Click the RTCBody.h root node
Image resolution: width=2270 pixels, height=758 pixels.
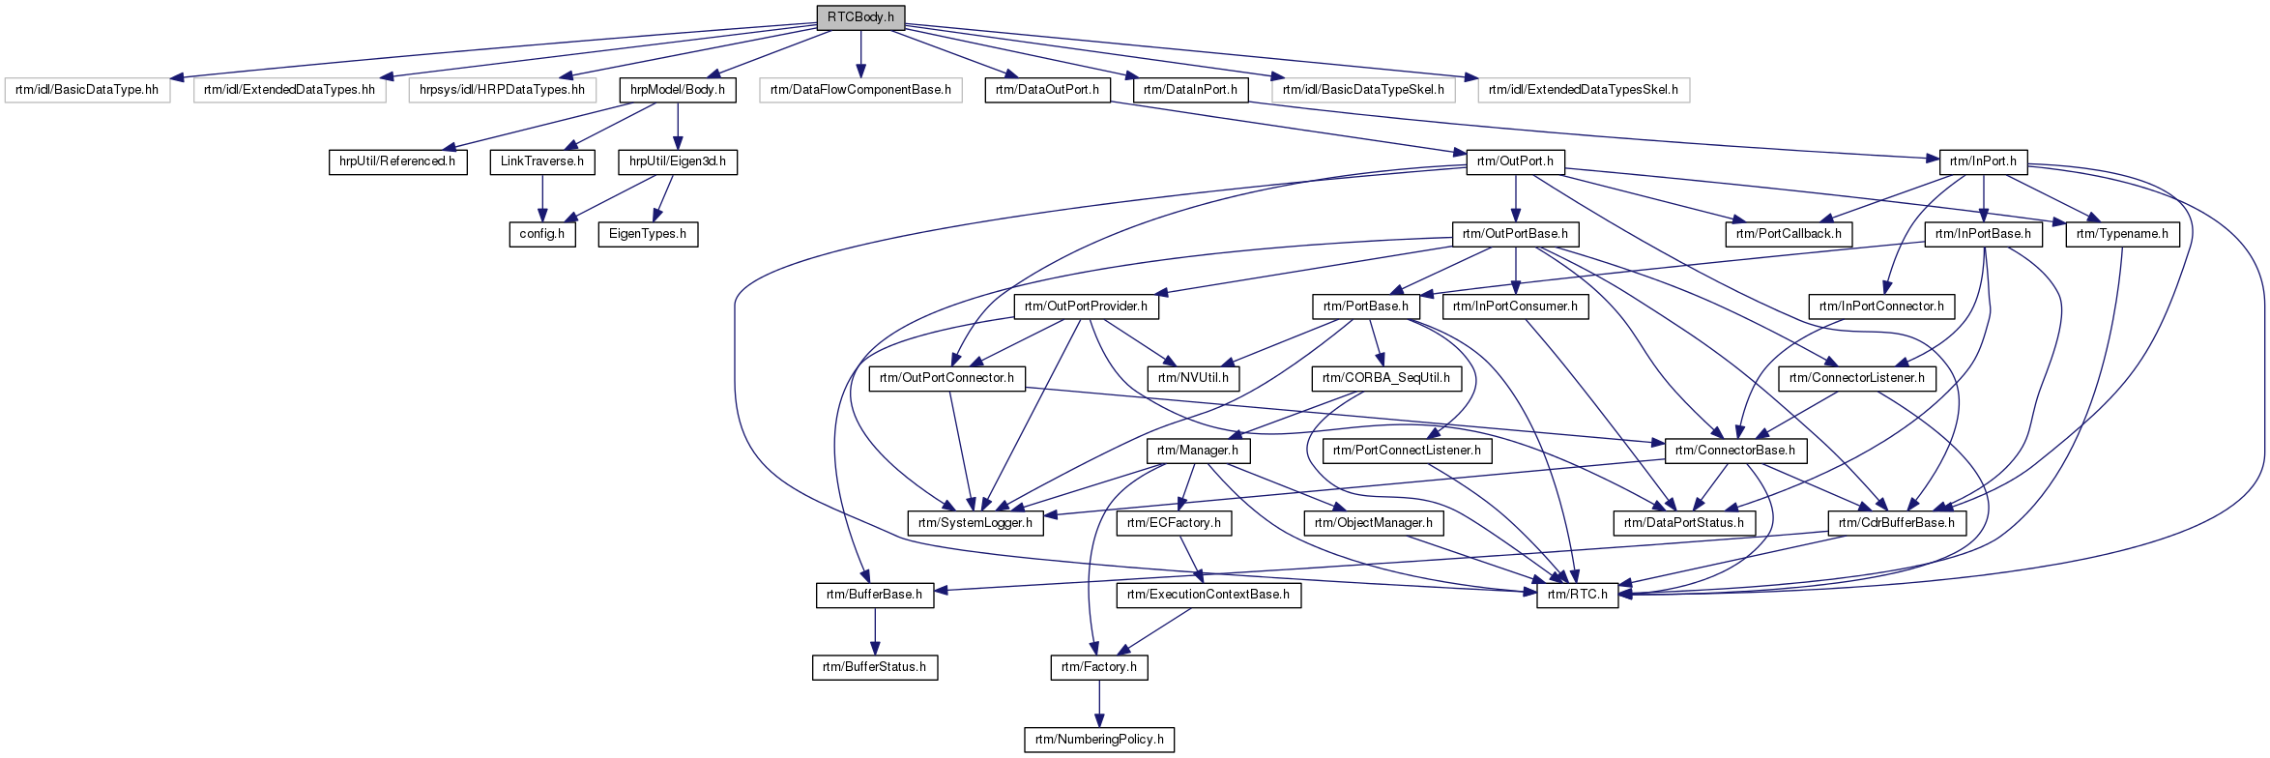(x=860, y=17)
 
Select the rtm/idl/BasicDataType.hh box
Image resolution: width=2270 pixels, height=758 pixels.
(x=87, y=90)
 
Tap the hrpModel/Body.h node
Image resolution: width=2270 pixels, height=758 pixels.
(x=678, y=90)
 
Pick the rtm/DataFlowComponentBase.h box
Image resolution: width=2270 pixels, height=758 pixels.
(x=860, y=90)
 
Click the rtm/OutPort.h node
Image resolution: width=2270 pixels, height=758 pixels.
(x=1515, y=161)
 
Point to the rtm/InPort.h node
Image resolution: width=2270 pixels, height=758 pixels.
(x=1983, y=161)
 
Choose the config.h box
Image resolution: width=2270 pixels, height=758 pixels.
(x=542, y=234)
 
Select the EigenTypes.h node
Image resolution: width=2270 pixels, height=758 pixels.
(x=648, y=234)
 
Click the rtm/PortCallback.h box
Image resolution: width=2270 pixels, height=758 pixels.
(x=1789, y=234)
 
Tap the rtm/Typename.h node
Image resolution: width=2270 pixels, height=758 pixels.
(x=2122, y=234)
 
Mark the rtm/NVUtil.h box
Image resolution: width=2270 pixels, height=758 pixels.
(x=1193, y=378)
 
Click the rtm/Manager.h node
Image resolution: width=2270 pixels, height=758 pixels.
(x=1198, y=451)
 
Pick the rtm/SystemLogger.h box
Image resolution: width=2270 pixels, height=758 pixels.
(x=975, y=523)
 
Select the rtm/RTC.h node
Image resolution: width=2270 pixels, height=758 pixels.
(x=1578, y=595)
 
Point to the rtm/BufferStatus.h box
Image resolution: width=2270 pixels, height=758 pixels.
(x=875, y=667)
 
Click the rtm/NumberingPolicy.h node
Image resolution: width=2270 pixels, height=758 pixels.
(x=1099, y=740)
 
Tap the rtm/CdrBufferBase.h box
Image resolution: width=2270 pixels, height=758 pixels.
(x=1897, y=523)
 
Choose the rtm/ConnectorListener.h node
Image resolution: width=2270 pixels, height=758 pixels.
(x=1857, y=378)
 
